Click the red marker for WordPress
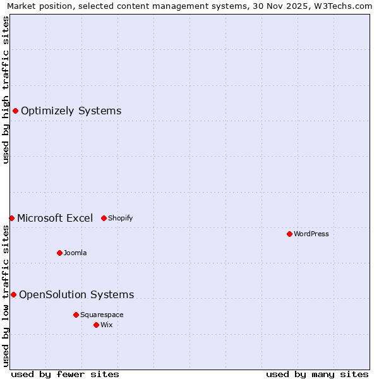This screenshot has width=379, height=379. point(289,234)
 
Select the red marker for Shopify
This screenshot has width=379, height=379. point(104,218)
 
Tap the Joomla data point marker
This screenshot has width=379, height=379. point(59,253)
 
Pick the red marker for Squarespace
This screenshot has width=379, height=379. point(76,315)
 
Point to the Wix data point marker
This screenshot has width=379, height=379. point(96,325)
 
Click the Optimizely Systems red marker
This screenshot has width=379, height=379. point(15,111)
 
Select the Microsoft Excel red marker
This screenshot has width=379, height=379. point(11,218)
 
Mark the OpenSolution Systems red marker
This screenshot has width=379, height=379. point(13,294)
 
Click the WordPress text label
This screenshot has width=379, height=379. point(311,234)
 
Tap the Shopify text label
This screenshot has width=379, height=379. point(120,218)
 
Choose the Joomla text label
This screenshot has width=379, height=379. point(75,253)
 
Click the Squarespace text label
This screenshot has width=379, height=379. point(102,315)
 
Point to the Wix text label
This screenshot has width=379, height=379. point(107,325)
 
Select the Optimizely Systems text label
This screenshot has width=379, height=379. point(71,111)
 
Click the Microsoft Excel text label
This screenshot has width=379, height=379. point(55,218)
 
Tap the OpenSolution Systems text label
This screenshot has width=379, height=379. point(76,294)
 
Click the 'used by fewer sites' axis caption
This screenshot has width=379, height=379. point(65,374)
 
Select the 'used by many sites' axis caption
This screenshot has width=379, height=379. point(317,374)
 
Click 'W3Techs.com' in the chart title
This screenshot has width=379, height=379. point(344,6)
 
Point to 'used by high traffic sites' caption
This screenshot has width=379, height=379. point(6,90)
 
